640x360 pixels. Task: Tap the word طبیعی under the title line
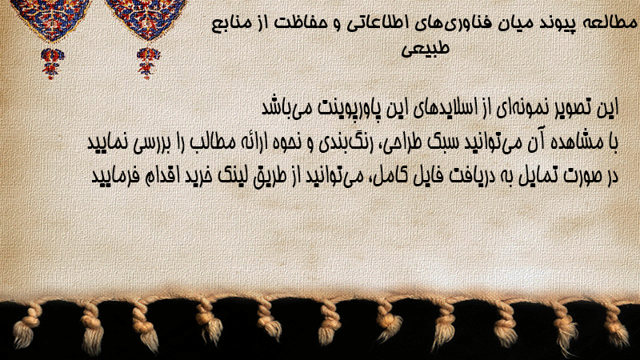[425, 49]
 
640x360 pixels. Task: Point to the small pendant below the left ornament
[52, 63]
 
